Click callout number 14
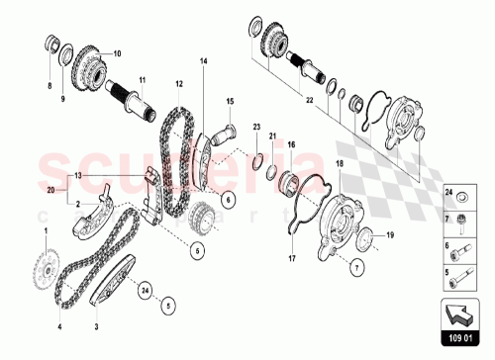click(x=204, y=62)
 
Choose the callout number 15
click(x=229, y=101)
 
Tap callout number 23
click(x=255, y=128)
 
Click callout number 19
click(x=389, y=234)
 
